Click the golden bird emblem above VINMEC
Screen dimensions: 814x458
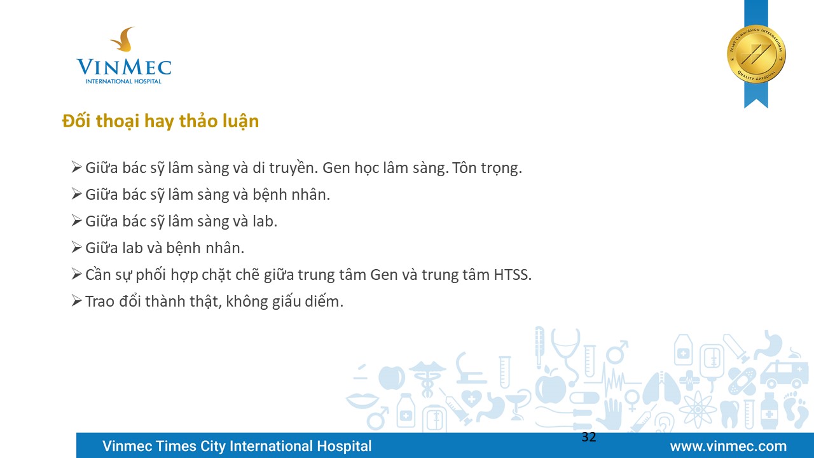tap(124, 39)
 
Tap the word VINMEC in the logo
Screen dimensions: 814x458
tap(124, 67)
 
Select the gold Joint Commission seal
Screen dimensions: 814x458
tap(756, 55)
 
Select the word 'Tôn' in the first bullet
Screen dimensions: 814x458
tap(464, 168)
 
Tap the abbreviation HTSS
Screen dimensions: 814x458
tap(513, 275)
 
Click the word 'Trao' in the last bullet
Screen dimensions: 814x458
tap(100, 302)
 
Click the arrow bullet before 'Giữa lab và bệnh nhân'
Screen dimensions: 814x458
tap(76, 247)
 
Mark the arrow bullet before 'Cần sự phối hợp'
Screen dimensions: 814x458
tap(76, 274)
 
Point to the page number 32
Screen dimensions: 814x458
tap(589, 437)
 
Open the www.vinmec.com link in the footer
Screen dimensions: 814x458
tap(728, 447)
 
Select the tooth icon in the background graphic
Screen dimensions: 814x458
tap(729, 414)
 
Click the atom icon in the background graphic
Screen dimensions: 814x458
tap(698, 410)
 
